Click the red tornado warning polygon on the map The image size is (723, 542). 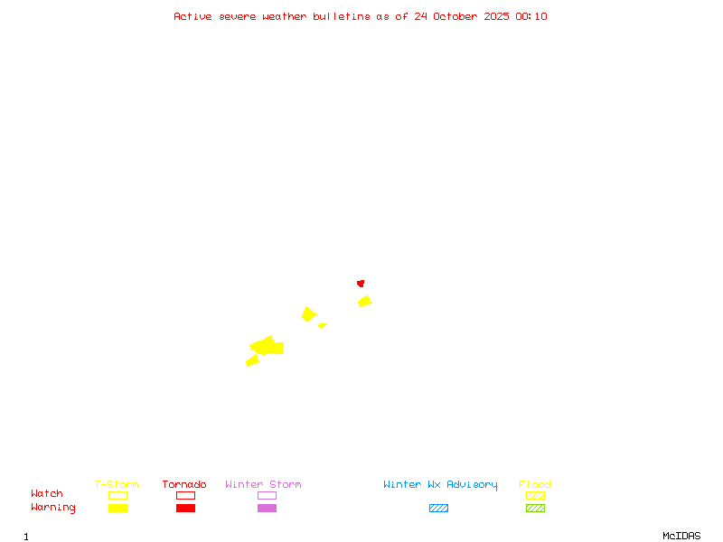pyautogui.click(x=361, y=283)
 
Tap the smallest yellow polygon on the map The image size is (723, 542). pyautogui.click(x=322, y=325)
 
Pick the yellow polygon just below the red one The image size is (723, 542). pyautogui.click(x=364, y=301)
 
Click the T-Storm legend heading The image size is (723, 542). pyautogui.click(x=117, y=485)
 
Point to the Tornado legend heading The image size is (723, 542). pyautogui.click(x=184, y=485)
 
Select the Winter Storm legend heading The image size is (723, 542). pyautogui.click(x=263, y=485)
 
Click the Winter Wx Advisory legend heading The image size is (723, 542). pyautogui.click(x=440, y=485)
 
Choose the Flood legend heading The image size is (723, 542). pyautogui.click(x=535, y=485)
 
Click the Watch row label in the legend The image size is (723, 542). pyautogui.click(x=47, y=494)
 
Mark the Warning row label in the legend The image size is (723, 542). pyautogui.click(x=53, y=508)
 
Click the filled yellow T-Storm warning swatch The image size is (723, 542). pyautogui.click(x=117, y=508)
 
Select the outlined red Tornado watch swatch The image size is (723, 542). pyautogui.click(x=185, y=495)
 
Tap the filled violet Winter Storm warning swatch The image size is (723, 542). pyautogui.click(x=267, y=508)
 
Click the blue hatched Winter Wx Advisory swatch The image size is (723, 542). pyautogui.click(x=438, y=508)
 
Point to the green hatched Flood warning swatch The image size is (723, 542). pyautogui.click(x=535, y=508)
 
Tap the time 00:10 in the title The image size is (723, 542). pyautogui.click(x=531, y=16)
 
